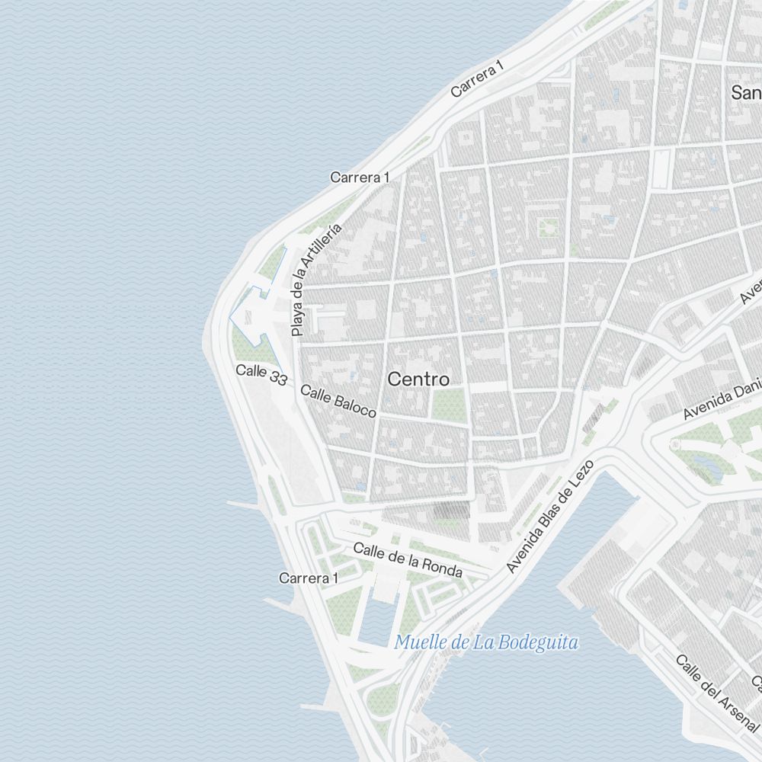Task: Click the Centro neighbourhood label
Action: tap(418, 379)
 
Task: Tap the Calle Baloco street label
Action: tap(338, 401)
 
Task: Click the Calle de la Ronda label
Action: tap(408, 560)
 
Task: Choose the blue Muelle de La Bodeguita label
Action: tap(486, 642)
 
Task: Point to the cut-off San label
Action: tap(746, 93)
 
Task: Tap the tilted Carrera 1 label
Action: tap(478, 79)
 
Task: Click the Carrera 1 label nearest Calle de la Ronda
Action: tap(308, 578)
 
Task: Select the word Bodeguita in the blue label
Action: tap(540, 642)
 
